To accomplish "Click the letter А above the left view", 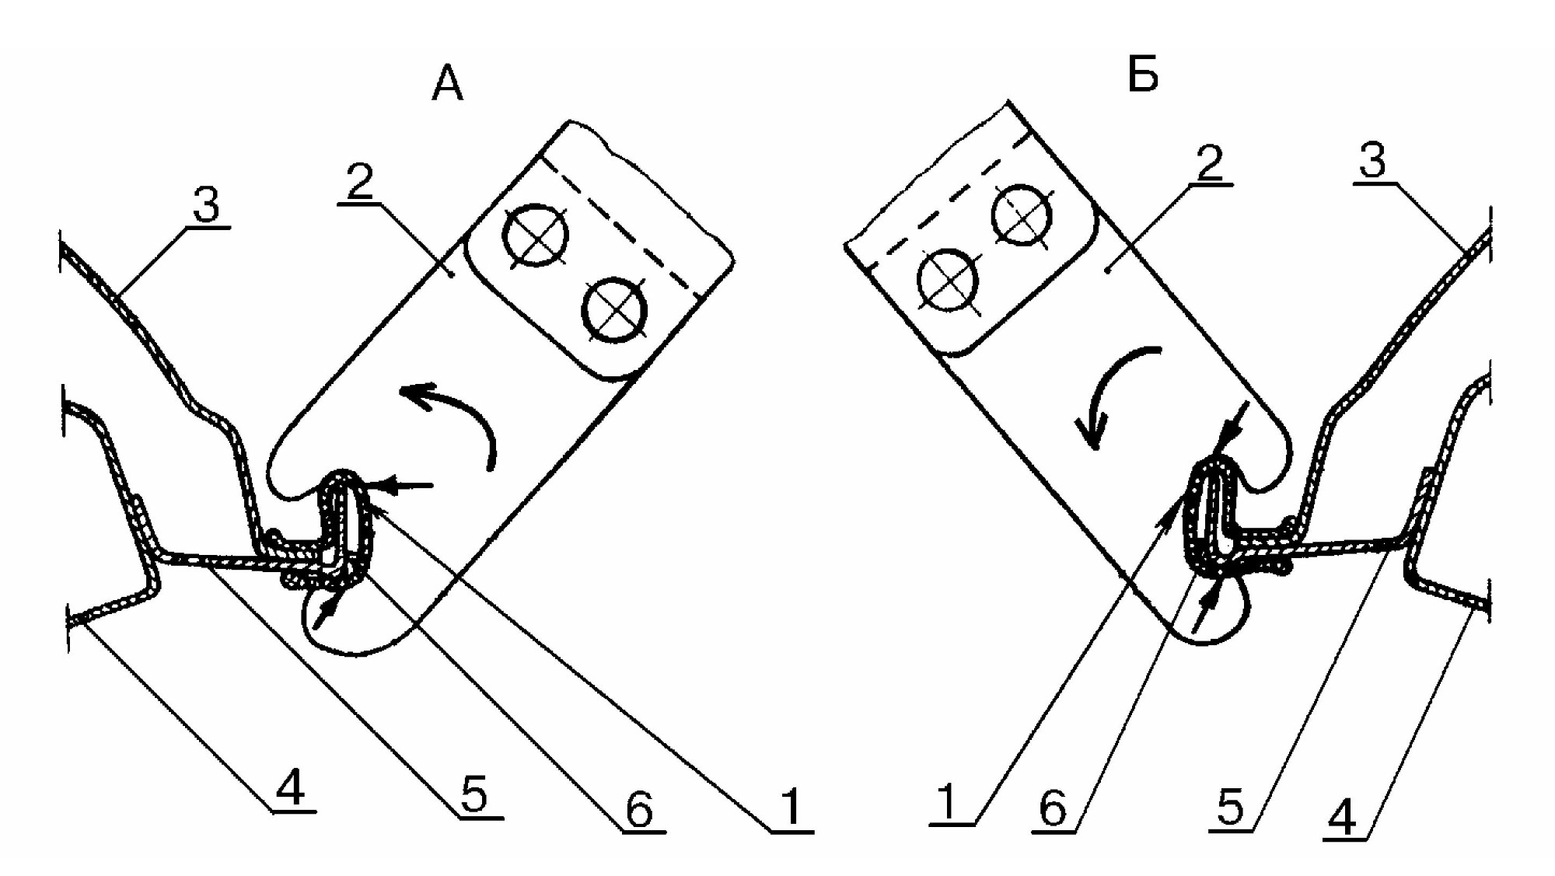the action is pos(447,84).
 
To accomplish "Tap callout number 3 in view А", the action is pos(206,205).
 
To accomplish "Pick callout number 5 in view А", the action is pos(473,794).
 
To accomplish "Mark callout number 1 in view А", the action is pos(791,808).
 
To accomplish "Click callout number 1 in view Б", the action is pos(948,802).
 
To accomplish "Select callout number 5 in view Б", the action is pos(1230,808).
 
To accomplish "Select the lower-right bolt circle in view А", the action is pos(615,310).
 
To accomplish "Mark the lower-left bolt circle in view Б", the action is pos(948,281).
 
